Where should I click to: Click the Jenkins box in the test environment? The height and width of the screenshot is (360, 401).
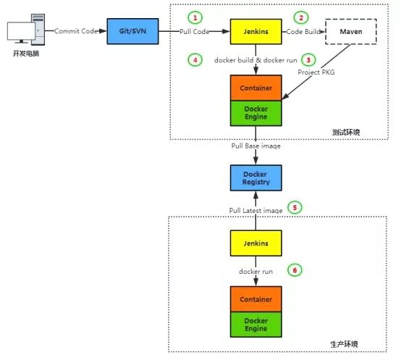[250, 32]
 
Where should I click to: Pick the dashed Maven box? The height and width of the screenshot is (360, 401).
[350, 32]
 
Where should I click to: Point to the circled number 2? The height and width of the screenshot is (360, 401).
[300, 16]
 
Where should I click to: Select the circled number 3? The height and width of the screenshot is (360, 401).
[309, 60]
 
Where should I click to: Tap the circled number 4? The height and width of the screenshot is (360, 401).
[193, 60]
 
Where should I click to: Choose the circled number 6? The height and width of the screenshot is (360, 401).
[294, 269]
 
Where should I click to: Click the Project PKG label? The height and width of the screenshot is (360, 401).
[317, 72]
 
